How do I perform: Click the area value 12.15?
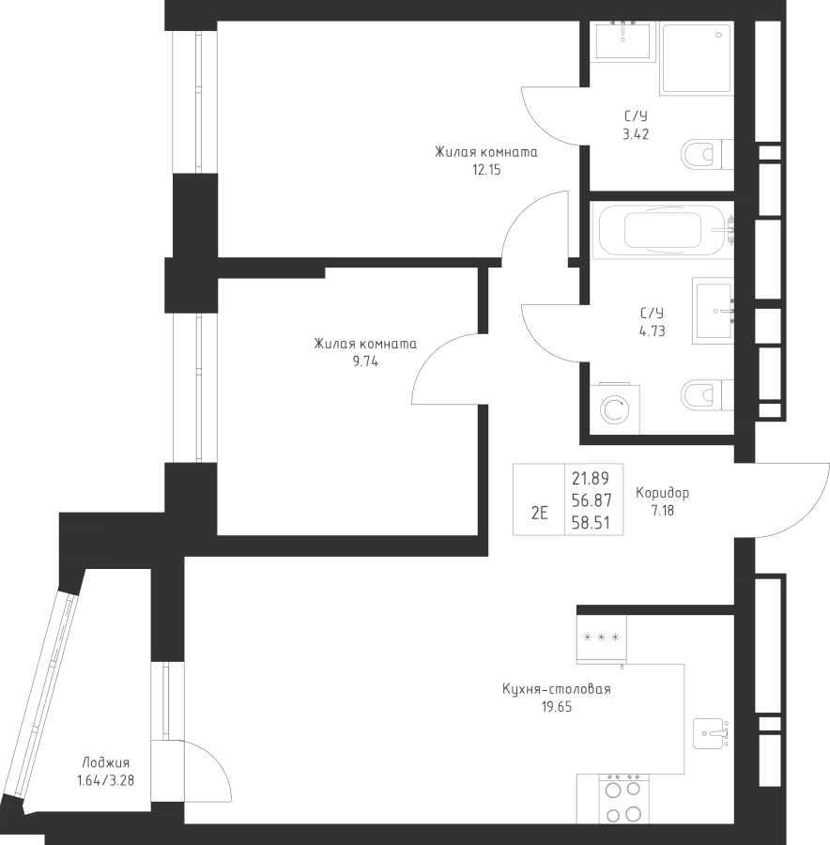485,170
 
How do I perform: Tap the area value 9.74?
365,361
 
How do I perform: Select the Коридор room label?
662,493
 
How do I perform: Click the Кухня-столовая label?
556,690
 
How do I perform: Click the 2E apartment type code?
539,513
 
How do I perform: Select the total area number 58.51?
591,524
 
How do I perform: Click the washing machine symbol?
615,408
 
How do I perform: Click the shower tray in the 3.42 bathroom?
696,58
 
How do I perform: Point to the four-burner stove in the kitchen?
622,799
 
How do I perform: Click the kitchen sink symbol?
712,732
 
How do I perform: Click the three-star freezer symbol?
601,638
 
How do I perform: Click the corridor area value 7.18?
663,511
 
